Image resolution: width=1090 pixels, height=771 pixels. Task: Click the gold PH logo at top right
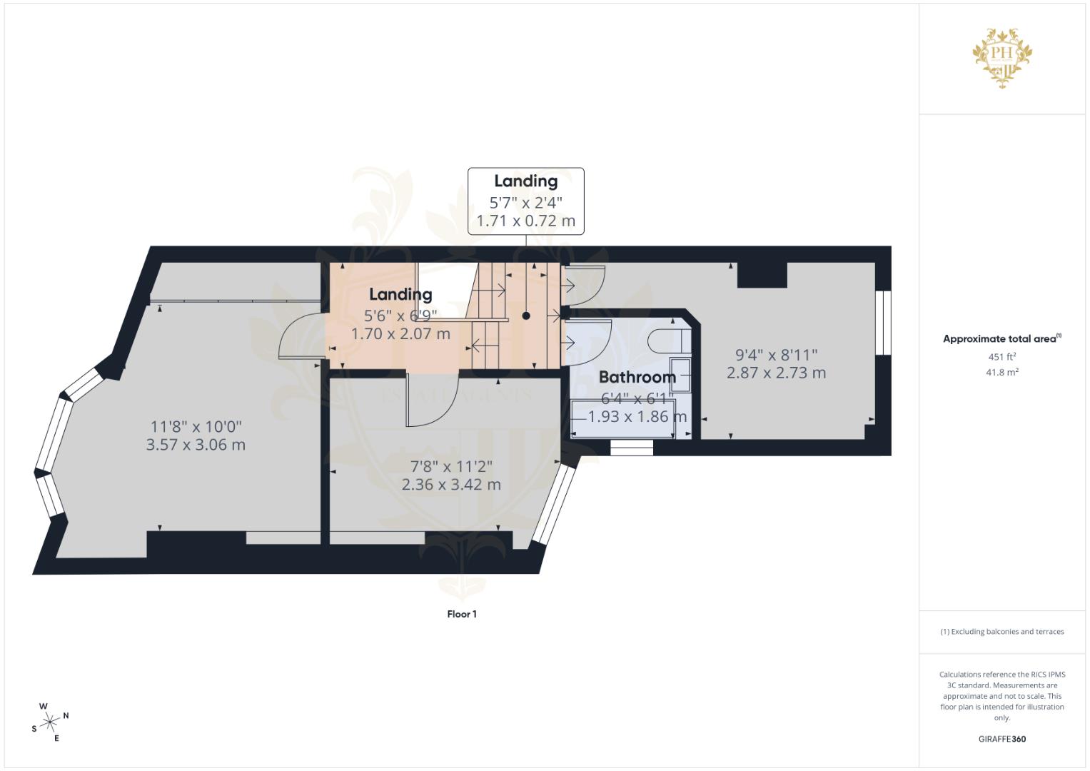[1002, 58]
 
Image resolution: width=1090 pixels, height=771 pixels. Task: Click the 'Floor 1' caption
[462, 614]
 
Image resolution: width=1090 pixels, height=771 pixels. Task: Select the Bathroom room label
[637, 377]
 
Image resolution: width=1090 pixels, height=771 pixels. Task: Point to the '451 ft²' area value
[1001, 357]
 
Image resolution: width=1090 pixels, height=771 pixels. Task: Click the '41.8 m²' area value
[1001, 372]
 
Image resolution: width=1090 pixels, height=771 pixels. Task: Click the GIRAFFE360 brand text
[1001, 739]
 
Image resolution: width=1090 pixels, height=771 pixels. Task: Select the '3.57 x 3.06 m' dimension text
[196, 445]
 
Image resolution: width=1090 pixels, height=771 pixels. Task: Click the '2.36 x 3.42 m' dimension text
[451, 485]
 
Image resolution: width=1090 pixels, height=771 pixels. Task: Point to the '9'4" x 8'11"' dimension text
[777, 354]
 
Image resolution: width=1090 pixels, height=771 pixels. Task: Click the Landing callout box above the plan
[526, 201]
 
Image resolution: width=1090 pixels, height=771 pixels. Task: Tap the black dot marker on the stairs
[526, 316]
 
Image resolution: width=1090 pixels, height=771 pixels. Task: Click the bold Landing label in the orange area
[400, 294]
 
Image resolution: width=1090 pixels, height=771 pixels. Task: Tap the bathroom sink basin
[680, 374]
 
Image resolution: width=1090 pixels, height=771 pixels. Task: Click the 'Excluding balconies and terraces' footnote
[1001, 632]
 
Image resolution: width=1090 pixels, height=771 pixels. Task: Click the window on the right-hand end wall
[884, 322]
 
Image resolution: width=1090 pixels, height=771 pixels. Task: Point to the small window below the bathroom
[632, 448]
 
